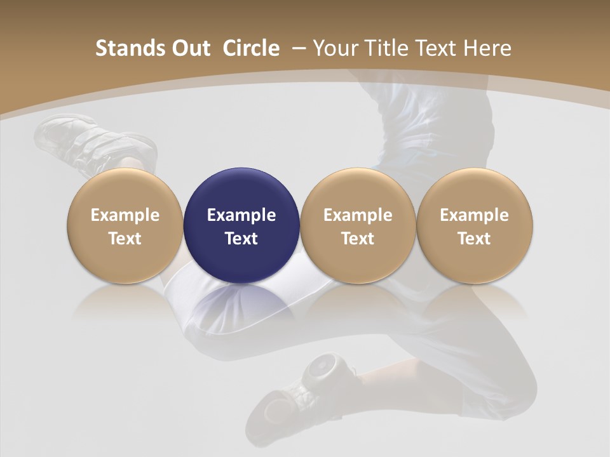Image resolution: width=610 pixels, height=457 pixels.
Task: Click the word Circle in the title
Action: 251,48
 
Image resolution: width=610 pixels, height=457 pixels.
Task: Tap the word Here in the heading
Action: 487,48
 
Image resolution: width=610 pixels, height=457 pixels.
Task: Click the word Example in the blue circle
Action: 241,215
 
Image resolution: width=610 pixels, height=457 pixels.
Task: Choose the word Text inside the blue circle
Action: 241,239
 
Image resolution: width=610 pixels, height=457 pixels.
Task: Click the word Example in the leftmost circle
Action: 125,215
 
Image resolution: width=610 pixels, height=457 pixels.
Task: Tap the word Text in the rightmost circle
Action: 474,239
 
